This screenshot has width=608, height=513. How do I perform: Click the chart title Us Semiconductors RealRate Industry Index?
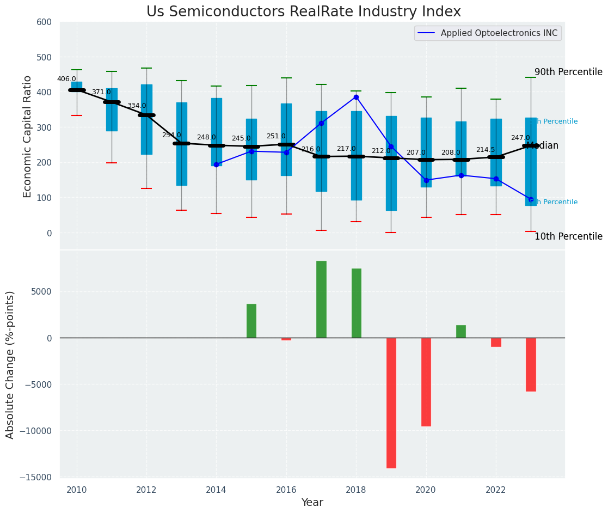pyautogui.click(x=304, y=12)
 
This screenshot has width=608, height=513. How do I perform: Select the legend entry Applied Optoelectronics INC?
pyautogui.click(x=499, y=33)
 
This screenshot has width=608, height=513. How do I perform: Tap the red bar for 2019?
pyautogui.click(x=391, y=402)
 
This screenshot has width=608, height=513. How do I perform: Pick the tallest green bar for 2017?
pyautogui.click(x=321, y=299)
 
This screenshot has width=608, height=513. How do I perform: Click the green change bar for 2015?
pyautogui.click(x=251, y=321)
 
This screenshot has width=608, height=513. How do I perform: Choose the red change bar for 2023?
pyautogui.click(x=531, y=364)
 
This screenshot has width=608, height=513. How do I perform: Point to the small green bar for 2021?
pyautogui.click(x=461, y=331)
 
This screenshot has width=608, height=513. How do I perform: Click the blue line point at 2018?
pyautogui.click(x=356, y=97)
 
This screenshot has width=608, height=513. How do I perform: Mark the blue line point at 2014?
pyautogui.click(x=217, y=164)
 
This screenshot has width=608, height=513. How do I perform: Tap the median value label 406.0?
pyautogui.click(x=66, y=79)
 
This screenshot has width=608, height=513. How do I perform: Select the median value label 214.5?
pyautogui.click(x=486, y=150)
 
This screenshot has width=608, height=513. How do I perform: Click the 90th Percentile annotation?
pyautogui.click(x=568, y=72)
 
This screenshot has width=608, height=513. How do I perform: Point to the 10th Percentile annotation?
pyautogui.click(x=568, y=237)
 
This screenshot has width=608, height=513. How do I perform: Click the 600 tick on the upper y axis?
pyautogui.click(x=44, y=22)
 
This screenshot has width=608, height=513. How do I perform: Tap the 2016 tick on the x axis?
pyautogui.click(x=286, y=490)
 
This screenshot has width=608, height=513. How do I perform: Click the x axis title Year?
pyautogui.click(x=312, y=503)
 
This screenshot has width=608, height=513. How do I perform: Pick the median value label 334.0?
pyautogui.click(x=137, y=106)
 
